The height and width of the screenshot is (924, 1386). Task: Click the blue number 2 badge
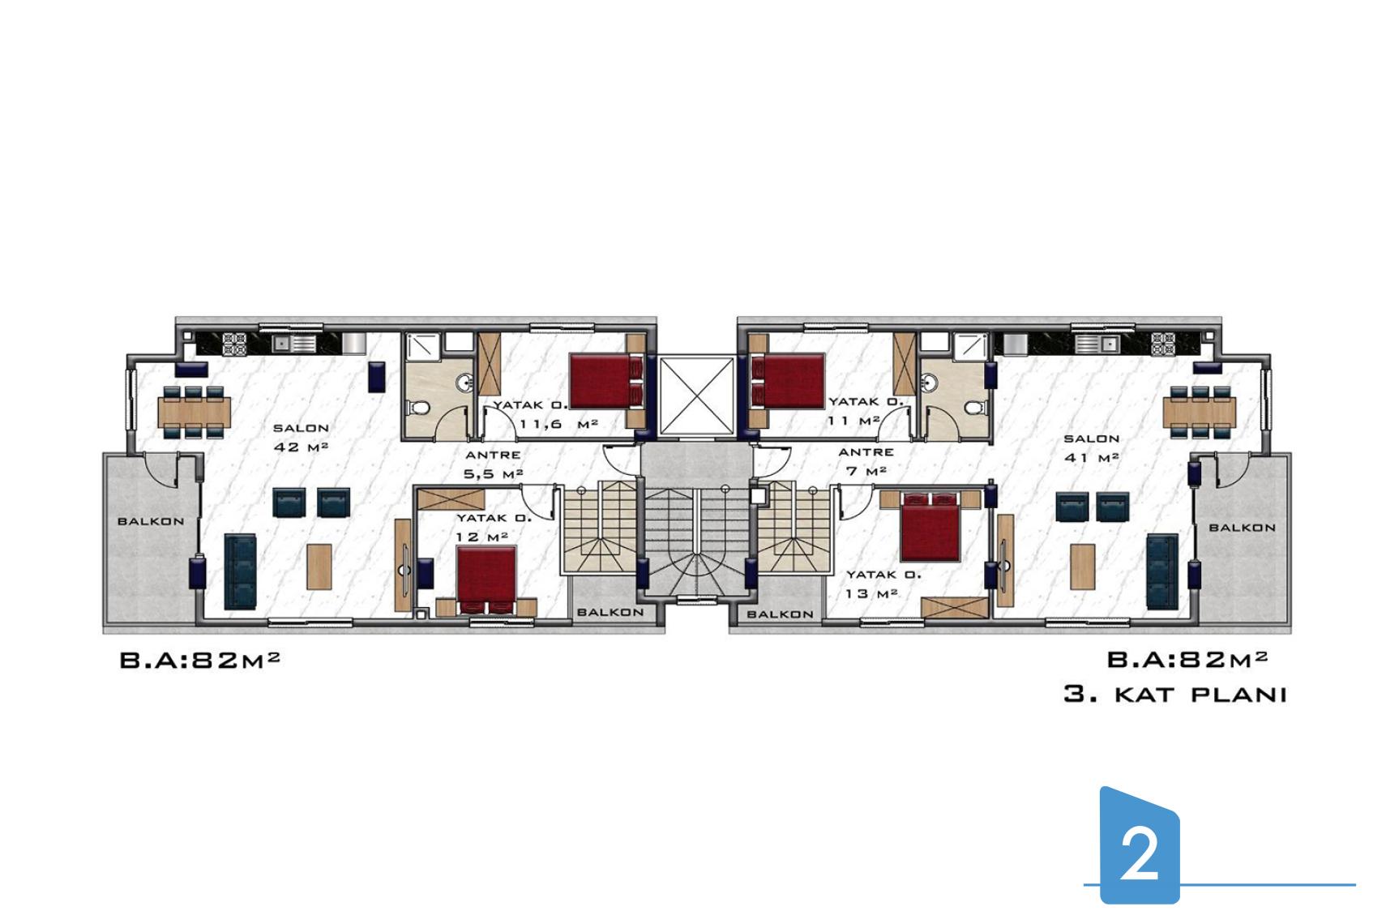pos(1139,845)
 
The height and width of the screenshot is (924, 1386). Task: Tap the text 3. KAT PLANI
pos(1175,695)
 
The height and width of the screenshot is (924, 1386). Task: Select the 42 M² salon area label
pos(301,447)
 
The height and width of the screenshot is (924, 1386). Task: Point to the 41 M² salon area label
pos(1092,458)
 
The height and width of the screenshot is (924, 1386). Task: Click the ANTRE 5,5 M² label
pos(493,464)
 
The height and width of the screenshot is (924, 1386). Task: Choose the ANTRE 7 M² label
pos(866,462)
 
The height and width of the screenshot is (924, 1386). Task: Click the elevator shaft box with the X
pos(697,396)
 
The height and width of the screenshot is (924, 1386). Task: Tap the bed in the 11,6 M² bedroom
pos(606,381)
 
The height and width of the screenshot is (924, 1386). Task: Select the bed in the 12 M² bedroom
pos(486,580)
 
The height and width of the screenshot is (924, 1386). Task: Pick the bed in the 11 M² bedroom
pos(788,381)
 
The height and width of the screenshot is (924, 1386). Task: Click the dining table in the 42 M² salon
pos(195,413)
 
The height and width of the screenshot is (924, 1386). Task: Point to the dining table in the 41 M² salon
pos(1199,413)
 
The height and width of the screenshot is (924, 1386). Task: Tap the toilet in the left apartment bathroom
pos(420,408)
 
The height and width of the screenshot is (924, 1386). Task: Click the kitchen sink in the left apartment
pos(294,343)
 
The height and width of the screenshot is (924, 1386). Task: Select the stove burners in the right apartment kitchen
pos(1162,344)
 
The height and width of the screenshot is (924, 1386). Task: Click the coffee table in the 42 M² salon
pos(319,567)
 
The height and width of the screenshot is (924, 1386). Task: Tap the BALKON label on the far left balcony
pos(151,522)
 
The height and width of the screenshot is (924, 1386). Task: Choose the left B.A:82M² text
pos(200,661)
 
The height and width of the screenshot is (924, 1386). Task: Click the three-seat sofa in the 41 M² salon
pos(1162,572)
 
